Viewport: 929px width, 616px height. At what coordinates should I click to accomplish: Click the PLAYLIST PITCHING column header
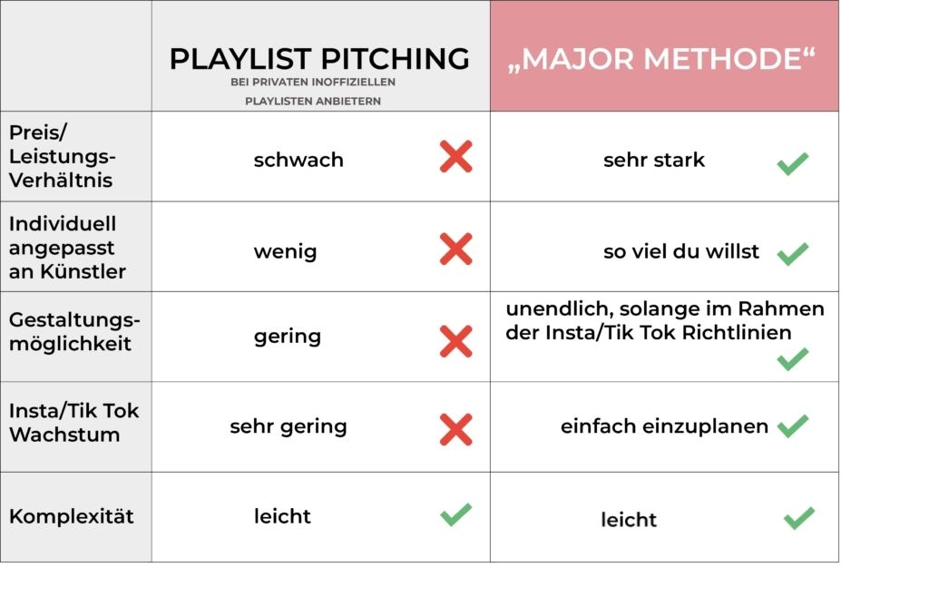319,59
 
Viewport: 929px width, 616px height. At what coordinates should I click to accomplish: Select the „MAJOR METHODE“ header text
661,59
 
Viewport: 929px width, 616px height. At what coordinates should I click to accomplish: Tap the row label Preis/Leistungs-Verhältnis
62,156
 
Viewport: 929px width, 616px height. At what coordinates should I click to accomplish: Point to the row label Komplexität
72,516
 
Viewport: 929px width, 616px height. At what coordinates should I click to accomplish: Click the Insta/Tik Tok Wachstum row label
74,422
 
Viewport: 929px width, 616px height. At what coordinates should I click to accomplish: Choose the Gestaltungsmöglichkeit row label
74,331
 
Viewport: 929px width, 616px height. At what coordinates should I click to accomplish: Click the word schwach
298,160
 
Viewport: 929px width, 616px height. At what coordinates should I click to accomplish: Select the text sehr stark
653,161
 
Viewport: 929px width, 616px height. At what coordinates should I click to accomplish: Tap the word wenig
285,251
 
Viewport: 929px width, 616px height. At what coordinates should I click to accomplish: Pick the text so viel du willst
681,251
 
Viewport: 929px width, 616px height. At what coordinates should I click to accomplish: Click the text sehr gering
288,425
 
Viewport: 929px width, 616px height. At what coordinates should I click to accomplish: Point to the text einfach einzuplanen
664,425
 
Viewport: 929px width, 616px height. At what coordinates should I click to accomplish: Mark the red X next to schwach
455,157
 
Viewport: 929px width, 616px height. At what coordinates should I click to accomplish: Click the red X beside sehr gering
455,430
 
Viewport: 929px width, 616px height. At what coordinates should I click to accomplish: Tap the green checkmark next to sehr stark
792,164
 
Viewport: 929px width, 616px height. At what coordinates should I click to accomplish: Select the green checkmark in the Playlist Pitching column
455,514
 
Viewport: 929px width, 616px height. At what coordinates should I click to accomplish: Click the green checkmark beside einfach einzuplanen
792,425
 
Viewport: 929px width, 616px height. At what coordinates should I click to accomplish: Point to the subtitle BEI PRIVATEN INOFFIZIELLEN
313,83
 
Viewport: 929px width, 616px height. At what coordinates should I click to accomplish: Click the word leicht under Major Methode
628,520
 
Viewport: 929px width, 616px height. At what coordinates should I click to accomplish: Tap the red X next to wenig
455,249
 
